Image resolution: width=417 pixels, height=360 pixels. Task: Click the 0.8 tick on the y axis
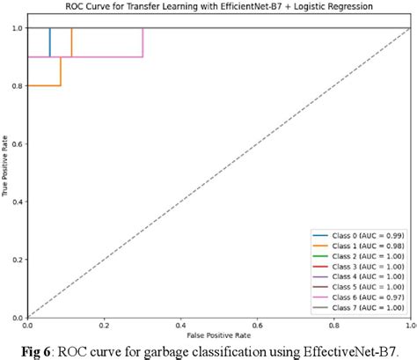pyautogui.click(x=18, y=86)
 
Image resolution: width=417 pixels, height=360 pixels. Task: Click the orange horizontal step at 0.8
pyautogui.click(x=44, y=85)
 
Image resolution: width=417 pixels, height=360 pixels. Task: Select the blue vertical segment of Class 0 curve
pyautogui.click(x=49, y=42)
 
